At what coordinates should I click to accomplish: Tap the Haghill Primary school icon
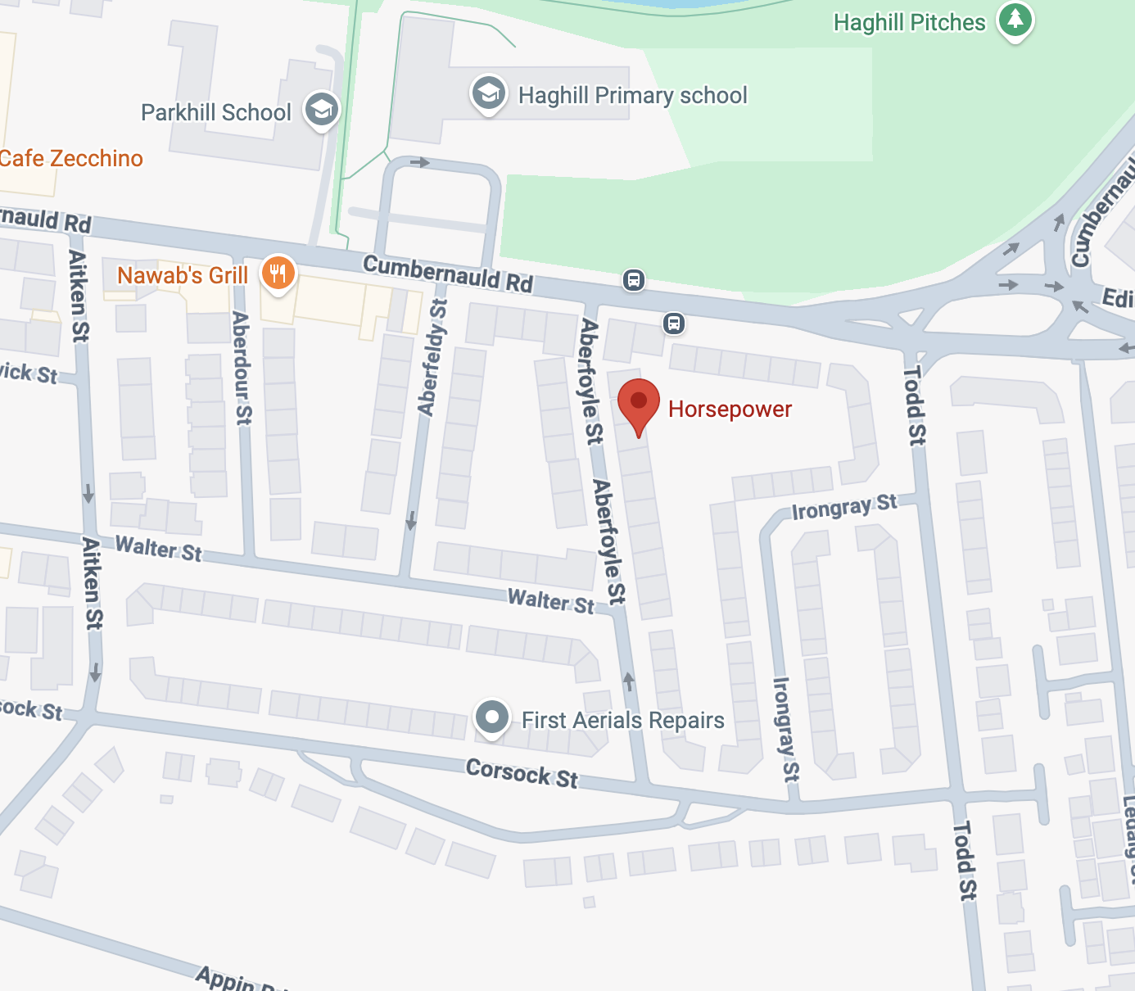(x=488, y=93)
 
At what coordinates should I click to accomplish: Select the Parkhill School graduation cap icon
(x=321, y=109)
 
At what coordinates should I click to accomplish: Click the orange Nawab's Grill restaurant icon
(x=278, y=274)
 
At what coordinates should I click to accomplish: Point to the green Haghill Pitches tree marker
(x=1015, y=19)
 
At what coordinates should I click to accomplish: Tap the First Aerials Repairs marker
(x=491, y=718)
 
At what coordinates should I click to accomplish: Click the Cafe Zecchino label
(x=71, y=158)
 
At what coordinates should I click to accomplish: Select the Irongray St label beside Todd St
(x=843, y=507)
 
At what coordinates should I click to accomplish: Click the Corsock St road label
(x=522, y=772)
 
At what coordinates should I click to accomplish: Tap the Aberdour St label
(x=242, y=368)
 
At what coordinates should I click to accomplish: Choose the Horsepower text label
(x=730, y=409)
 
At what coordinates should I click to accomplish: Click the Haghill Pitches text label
(x=909, y=22)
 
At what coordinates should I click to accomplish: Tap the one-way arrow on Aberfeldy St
(x=411, y=520)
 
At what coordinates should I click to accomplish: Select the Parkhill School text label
(x=216, y=112)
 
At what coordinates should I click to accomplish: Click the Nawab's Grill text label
(x=183, y=275)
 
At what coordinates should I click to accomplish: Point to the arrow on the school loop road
(x=420, y=162)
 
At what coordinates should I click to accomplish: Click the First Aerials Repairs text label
(x=623, y=720)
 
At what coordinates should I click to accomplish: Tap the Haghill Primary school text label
(x=632, y=95)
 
